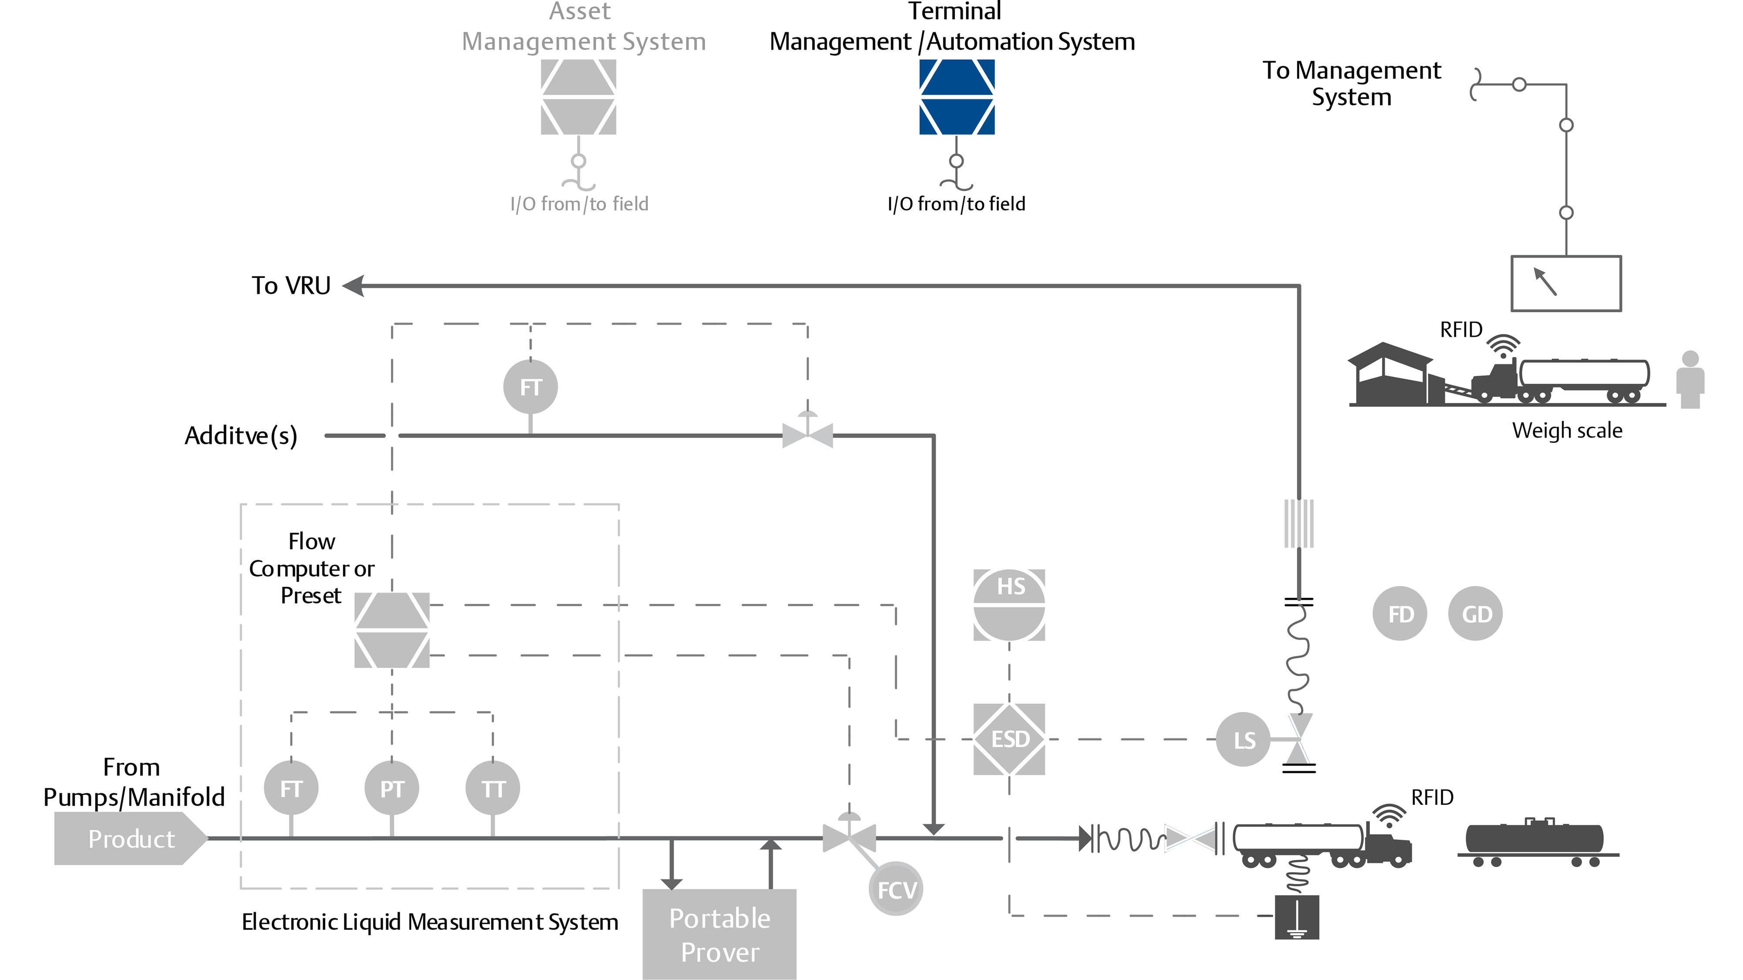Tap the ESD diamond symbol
(1009, 739)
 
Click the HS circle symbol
(1009, 605)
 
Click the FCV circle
(896, 889)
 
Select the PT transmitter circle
(392, 789)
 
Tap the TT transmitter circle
(492, 789)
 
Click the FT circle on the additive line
(530, 388)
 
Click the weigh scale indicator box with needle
(1566, 284)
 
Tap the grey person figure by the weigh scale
(1690, 380)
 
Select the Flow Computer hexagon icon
(392, 630)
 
